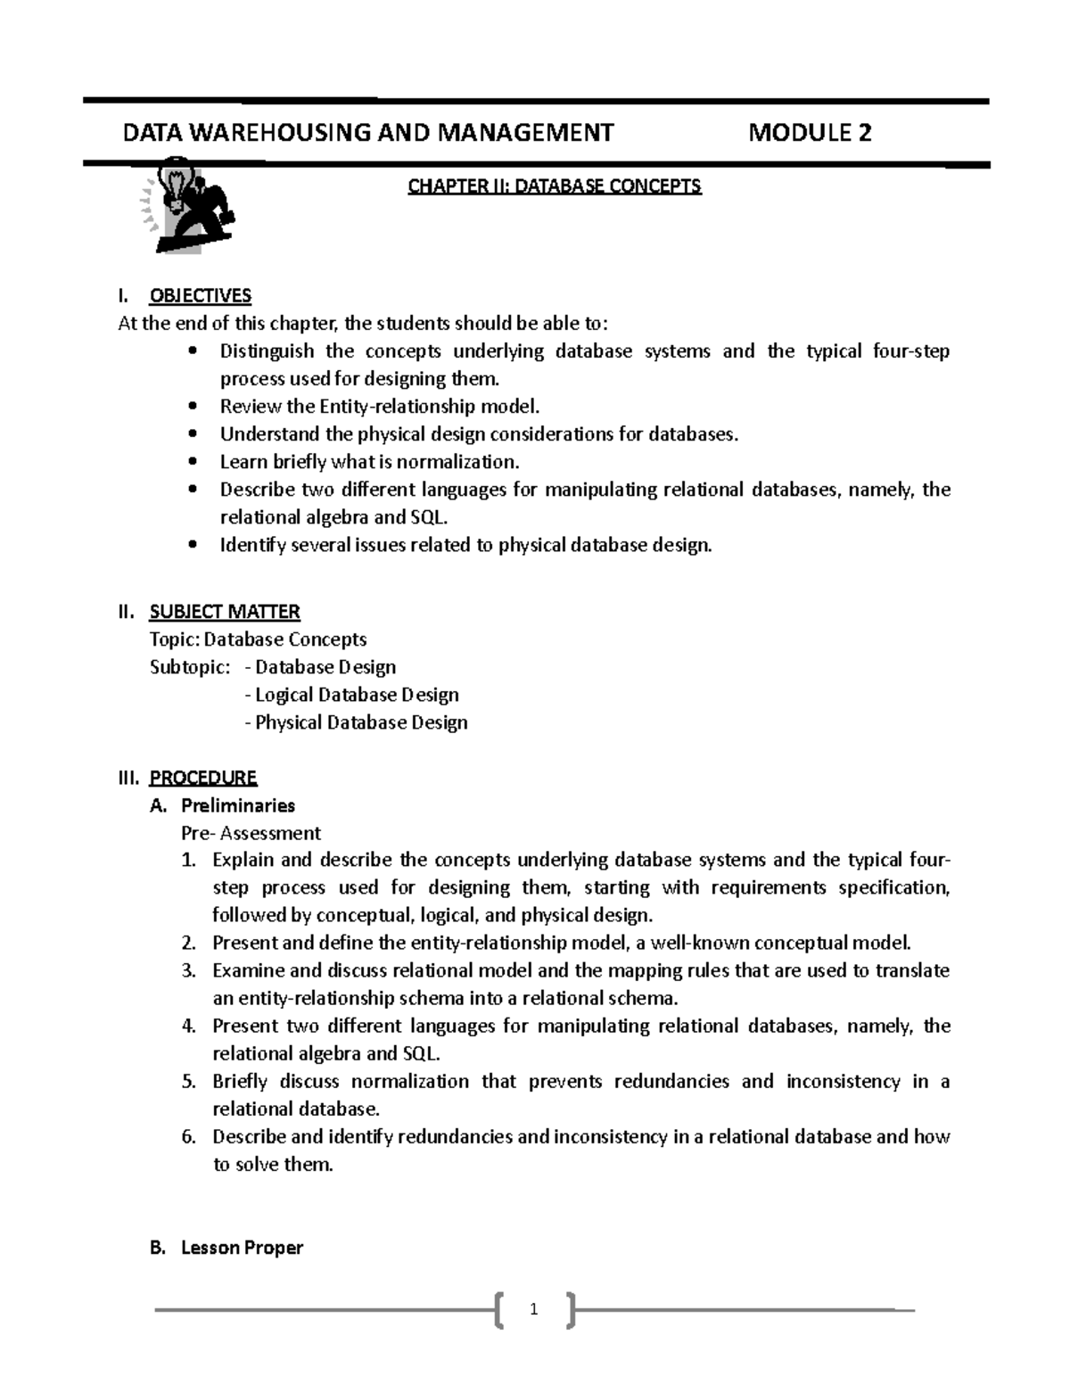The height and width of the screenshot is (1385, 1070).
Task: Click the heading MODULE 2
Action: coord(810,133)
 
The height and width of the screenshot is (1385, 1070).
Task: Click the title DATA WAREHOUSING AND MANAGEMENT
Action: coord(367,133)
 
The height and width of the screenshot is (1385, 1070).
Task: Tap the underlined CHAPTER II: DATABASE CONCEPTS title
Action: coord(554,185)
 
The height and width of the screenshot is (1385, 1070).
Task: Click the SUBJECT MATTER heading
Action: coord(224,612)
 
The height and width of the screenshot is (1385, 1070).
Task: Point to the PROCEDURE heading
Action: coord(202,778)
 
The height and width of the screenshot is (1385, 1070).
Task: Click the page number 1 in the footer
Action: coord(533,1310)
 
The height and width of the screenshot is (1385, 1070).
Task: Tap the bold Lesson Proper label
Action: coord(242,1248)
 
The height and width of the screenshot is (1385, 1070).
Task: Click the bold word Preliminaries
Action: coord(238,805)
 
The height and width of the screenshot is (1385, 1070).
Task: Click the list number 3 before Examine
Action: coord(187,970)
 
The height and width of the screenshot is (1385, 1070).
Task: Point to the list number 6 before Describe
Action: coord(187,1136)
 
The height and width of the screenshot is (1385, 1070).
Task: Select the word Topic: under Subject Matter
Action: coord(176,639)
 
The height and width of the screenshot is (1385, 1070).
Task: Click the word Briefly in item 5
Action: coord(240,1081)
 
